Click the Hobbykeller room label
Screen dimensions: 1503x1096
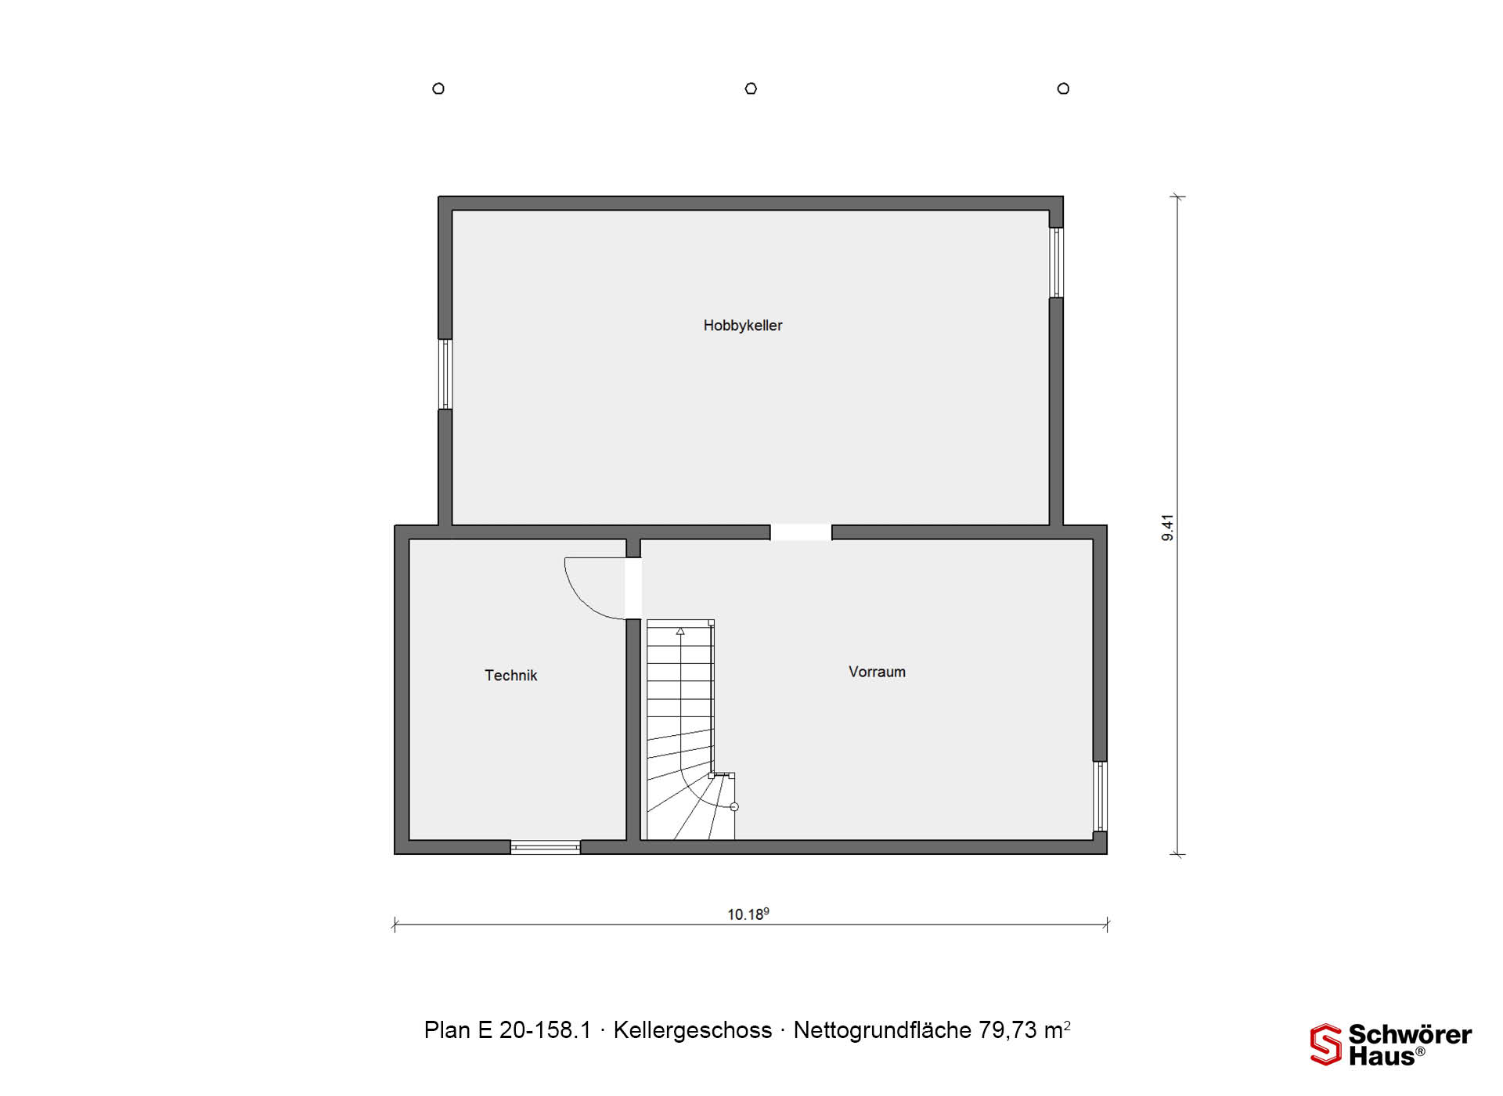click(742, 326)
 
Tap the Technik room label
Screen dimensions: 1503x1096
click(510, 676)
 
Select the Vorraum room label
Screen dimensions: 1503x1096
click(877, 672)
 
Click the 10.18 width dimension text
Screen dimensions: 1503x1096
click(748, 914)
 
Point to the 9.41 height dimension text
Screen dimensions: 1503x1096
click(1167, 528)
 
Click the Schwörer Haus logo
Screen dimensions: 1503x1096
click(1390, 1044)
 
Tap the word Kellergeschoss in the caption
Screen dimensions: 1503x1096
click(693, 1030)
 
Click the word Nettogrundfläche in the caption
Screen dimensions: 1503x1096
click(882, 1030)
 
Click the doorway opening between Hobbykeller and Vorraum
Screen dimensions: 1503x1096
click(801, 532)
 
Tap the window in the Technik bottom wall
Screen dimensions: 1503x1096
click(546, 847)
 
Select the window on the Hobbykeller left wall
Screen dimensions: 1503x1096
click(445, 374)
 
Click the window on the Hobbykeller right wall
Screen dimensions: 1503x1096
click(1056, 262)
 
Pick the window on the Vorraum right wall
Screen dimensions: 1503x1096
click(1100, 796)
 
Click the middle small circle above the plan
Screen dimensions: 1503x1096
click(751, 88)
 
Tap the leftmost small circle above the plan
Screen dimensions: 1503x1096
click(438, 88)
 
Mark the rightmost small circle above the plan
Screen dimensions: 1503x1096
click(1063, 88)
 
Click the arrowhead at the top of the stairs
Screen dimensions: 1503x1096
click(680, 631)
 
